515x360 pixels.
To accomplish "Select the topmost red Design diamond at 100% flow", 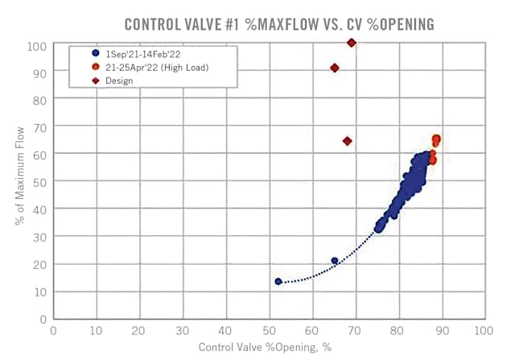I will coord(352,43).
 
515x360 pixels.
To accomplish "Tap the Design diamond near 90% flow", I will coord(335,68).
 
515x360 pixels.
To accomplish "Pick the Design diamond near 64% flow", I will coord(348,141).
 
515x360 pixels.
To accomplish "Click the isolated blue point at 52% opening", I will coord(278,281).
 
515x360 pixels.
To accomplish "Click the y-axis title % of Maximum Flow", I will coord(22,180).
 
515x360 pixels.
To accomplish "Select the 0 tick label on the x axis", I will coord(53,330).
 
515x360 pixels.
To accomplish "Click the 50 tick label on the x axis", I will coord(268,330).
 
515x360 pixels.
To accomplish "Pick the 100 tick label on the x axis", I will coord(483,330).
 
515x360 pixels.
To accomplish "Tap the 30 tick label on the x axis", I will coord(182,330).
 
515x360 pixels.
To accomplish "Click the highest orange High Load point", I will coord(436,139).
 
